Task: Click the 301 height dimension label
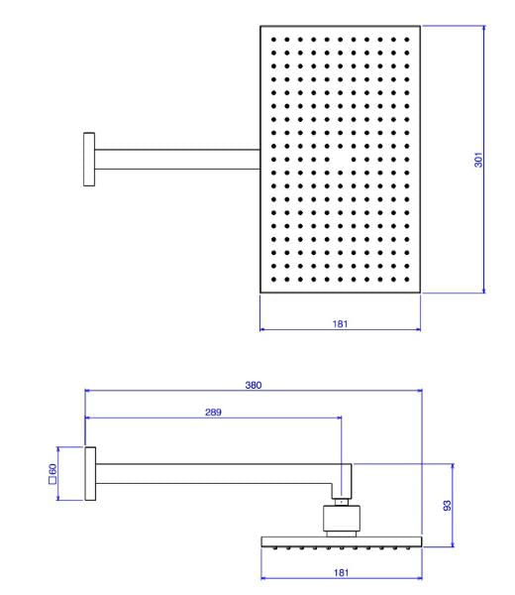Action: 478,160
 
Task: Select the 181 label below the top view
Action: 340,323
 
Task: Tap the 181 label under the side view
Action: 341,572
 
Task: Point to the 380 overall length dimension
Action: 254,385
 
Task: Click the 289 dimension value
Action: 213,413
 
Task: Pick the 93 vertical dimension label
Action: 448,506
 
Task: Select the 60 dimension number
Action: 52,469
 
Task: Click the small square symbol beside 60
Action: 52,480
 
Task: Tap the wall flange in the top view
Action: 89,160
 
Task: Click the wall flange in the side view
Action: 90,474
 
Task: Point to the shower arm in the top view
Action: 177,160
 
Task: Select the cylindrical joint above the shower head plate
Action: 342,519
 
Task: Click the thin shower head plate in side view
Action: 342,541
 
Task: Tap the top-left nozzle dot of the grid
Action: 273,40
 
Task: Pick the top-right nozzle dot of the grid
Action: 407,40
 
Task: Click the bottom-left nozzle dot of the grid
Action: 273,280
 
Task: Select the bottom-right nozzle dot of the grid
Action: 407,280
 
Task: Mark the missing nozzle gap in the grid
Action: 341,160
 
